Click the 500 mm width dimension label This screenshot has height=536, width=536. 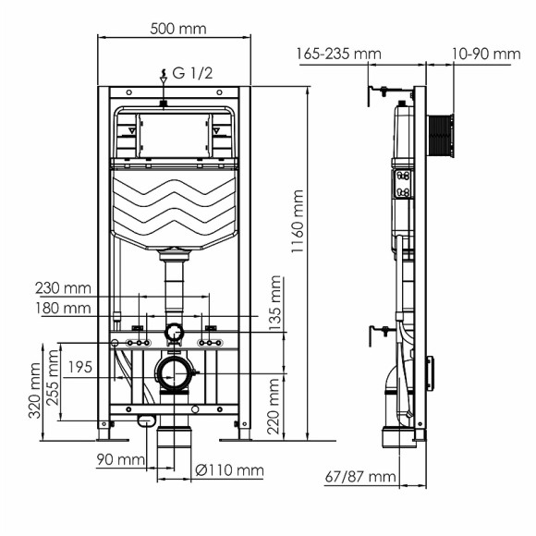[x=176, y=28]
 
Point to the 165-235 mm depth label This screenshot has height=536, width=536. [x=338, y=54]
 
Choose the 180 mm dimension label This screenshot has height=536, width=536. [x=62, y=308]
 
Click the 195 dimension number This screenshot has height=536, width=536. [x=80, y=368]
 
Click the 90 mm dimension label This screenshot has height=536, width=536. [x=119, y=458]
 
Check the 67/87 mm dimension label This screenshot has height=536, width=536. [x=360, y=477]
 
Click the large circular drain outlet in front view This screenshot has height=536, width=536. [x=174, y=374]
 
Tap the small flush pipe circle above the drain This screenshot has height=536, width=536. [x=174, y=333]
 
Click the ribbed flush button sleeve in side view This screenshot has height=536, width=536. [x=443, y=136]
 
